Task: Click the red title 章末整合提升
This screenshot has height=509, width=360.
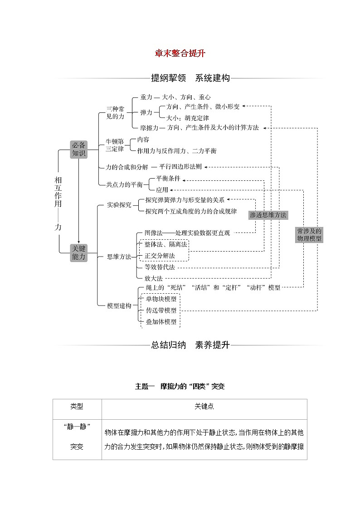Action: tap(180, 53)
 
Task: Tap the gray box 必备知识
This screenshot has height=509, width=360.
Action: tap(78, 149)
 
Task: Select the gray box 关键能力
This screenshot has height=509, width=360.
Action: tap(78, 252)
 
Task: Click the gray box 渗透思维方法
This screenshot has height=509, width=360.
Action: tap(268, 215)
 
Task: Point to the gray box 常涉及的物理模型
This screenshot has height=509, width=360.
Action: tap(309, 234)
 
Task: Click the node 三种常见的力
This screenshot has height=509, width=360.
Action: tap(115, 113)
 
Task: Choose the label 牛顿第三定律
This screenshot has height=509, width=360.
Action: tap(114, 145)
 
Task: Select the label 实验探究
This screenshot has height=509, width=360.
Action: tap(119, 205)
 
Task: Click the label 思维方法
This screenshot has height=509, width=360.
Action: tap(119, 257)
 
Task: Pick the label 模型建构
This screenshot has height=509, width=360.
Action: tap(119, 306)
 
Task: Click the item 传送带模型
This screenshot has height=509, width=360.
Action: tap(161, 310)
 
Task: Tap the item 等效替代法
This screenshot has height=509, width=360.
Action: tap(159, 267)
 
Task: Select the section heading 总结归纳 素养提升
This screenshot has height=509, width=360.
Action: tap(190, 345)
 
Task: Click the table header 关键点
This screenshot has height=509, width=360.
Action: tap(204, 407)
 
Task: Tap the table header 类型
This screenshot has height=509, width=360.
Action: tap(77, 407)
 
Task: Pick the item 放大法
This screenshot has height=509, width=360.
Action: tap(153, 278)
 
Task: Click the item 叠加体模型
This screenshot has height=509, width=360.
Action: tap(161, 322)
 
